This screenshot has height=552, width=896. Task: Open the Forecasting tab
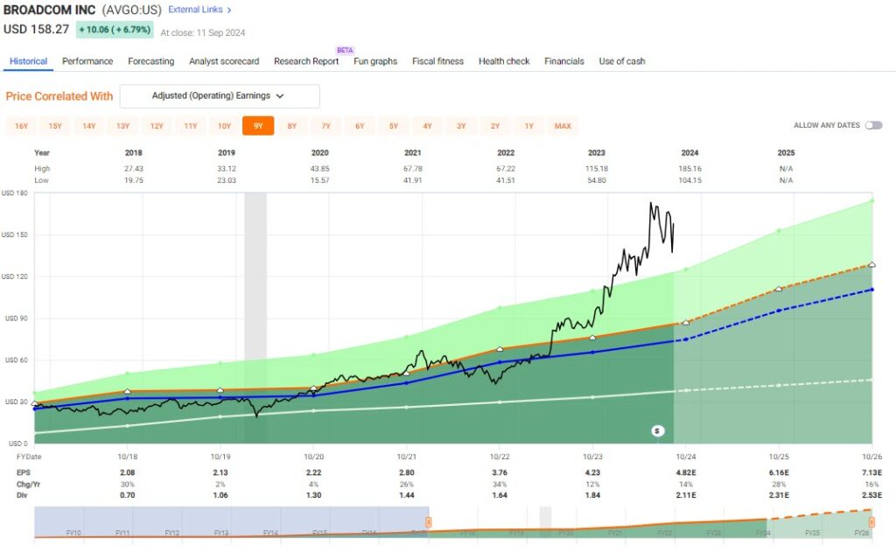click(150, 61)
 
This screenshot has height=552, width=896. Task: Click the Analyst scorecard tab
click(224, 61)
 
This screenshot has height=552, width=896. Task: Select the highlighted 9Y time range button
click(258, 126)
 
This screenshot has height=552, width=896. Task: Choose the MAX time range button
click(563, 126)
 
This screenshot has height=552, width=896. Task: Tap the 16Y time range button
click(21, 126)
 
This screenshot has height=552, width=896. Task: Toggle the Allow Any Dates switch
click(872, 126)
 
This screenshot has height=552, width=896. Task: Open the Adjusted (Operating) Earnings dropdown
click(219, 96)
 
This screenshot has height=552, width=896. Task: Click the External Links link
click(199, 10)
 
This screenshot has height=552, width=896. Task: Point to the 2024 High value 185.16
click(689, 168)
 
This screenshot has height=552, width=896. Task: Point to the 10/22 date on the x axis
click(500, 457)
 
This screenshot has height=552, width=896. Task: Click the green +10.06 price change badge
click(115, 30)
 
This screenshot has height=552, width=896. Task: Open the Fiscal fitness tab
click(437, 61)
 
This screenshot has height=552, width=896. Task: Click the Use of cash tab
click(621, 61)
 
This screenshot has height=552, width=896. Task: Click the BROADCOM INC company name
click(50, 10)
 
